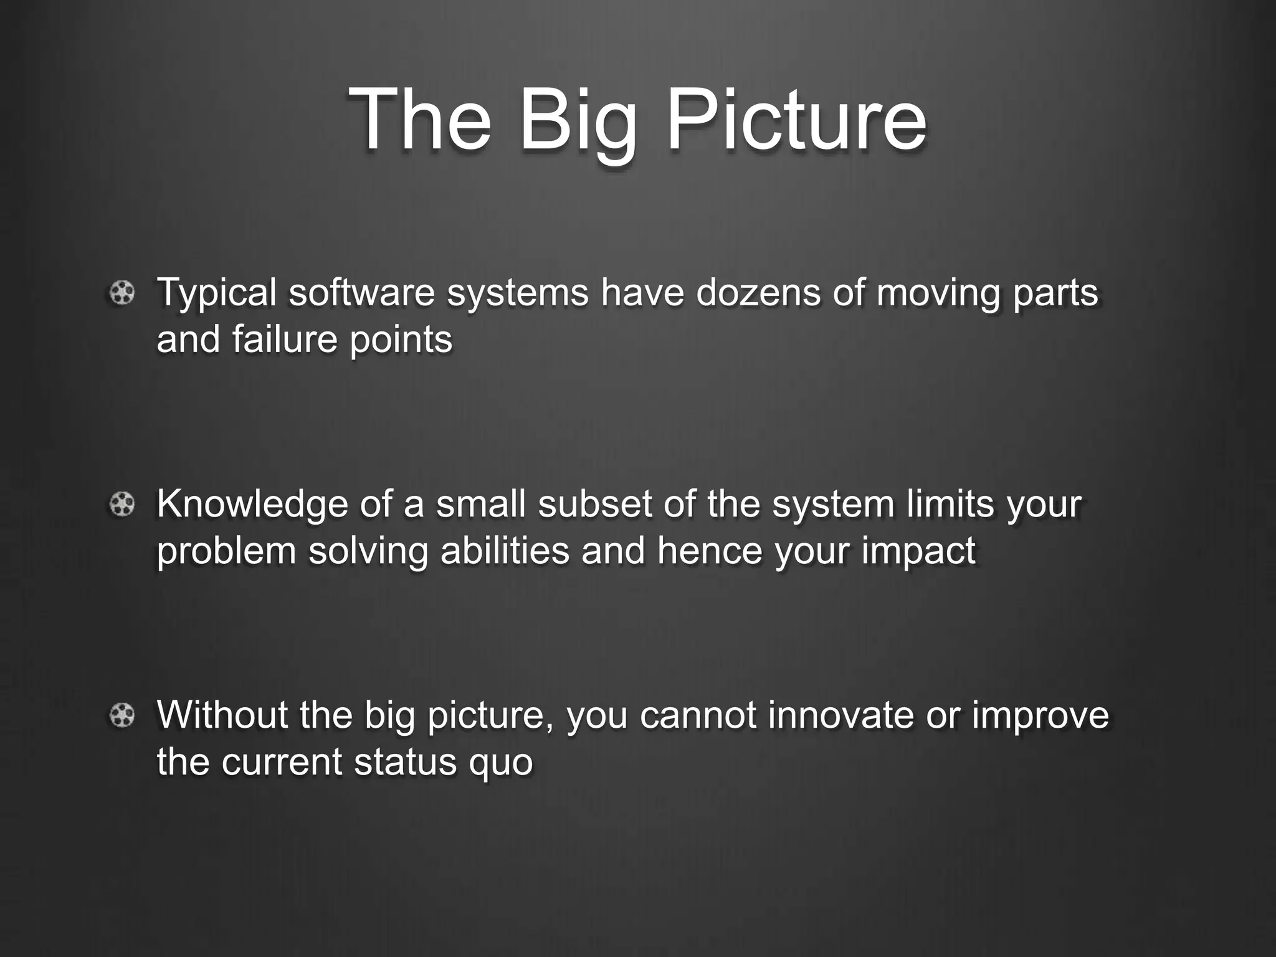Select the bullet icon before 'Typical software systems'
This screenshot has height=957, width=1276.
122,293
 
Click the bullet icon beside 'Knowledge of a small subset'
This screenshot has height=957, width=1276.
122,504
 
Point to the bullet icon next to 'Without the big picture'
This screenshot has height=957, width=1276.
122,715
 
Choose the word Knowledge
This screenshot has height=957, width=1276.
252,505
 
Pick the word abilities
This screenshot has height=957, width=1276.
505,551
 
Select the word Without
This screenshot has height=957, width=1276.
222,714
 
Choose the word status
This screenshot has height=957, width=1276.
405,761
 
